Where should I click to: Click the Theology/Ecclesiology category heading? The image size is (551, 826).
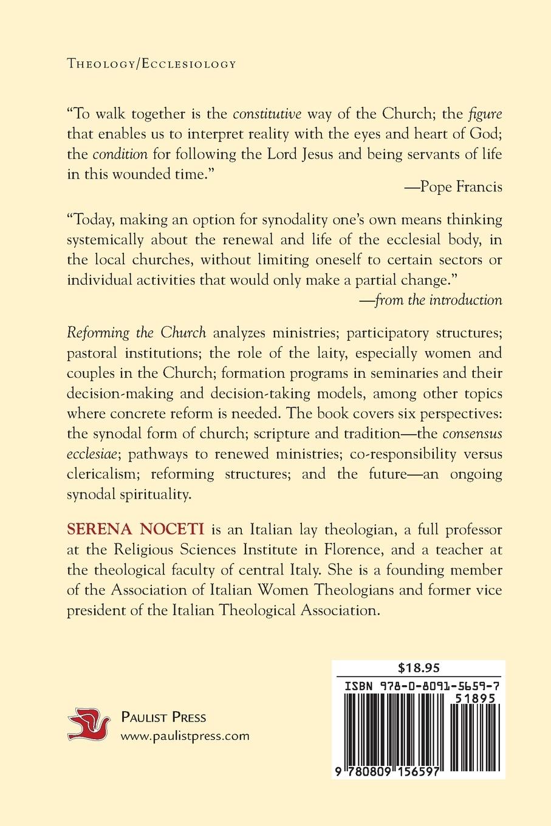151,64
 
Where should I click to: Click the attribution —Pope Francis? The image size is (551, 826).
453,186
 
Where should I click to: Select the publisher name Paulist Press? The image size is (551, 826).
164,717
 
